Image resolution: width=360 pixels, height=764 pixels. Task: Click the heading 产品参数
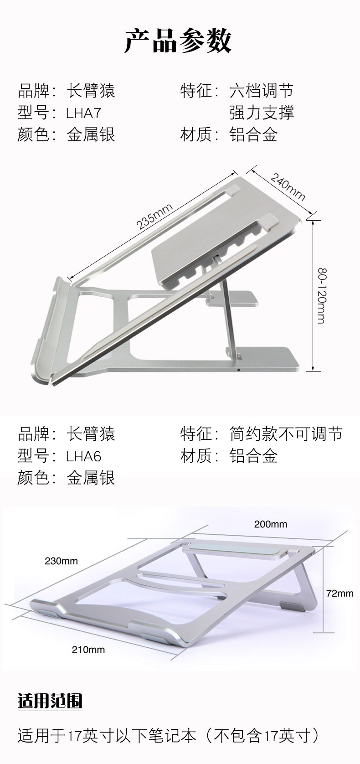[x=179, y=41]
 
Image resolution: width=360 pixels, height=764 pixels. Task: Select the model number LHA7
[x=84, y=113]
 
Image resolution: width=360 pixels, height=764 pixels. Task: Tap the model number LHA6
[x=84, y=456]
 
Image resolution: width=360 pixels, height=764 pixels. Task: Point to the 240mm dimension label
[x=287, y=186]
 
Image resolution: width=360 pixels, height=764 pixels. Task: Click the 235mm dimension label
[x=154, y=217]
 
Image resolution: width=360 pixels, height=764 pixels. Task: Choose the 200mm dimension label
[x=271, y=524]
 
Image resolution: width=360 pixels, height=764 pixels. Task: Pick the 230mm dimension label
[x=61, y=561]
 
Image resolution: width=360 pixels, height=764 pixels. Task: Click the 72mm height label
[x=340, y=593]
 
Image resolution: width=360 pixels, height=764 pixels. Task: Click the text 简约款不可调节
[x=286, y=434]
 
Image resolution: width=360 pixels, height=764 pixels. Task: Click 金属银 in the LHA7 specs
[x=91, y=134]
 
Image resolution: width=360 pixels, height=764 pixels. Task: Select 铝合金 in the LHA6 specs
[x=253, y=456]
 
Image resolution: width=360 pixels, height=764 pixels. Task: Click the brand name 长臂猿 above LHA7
[x=91, y=91]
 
